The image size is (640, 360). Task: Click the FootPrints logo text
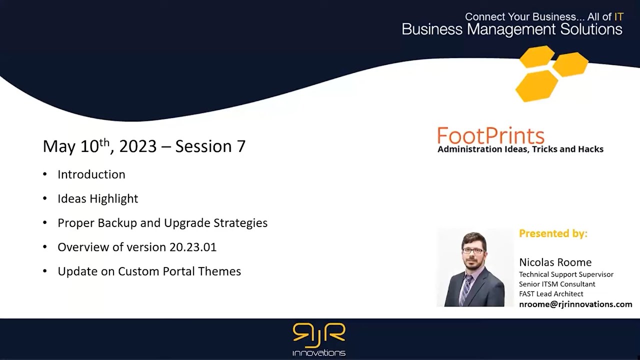(490, 135)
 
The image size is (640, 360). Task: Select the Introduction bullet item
(91, 174)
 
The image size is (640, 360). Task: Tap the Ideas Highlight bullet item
(97, 198)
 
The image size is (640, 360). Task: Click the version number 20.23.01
(192, 247)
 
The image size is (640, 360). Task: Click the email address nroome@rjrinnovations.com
(575, 304)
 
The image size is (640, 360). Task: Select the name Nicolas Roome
(555, 262)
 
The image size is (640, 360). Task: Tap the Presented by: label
(553, 233)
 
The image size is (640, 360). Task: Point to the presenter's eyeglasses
(472, 250)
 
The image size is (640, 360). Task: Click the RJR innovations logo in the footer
(319, 339)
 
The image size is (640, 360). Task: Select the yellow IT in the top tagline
(618, 16)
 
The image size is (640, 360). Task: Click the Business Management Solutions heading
(512, 29)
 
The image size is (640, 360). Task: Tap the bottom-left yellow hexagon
(536, 85)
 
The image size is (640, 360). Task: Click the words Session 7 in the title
(210, 146)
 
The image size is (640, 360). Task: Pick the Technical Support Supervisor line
(566, 274)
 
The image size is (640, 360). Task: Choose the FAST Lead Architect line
(551, 294)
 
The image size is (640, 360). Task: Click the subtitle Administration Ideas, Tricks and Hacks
(520, 149)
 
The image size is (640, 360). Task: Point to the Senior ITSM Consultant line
(557, 284)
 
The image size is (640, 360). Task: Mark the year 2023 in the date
(138, 146)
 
